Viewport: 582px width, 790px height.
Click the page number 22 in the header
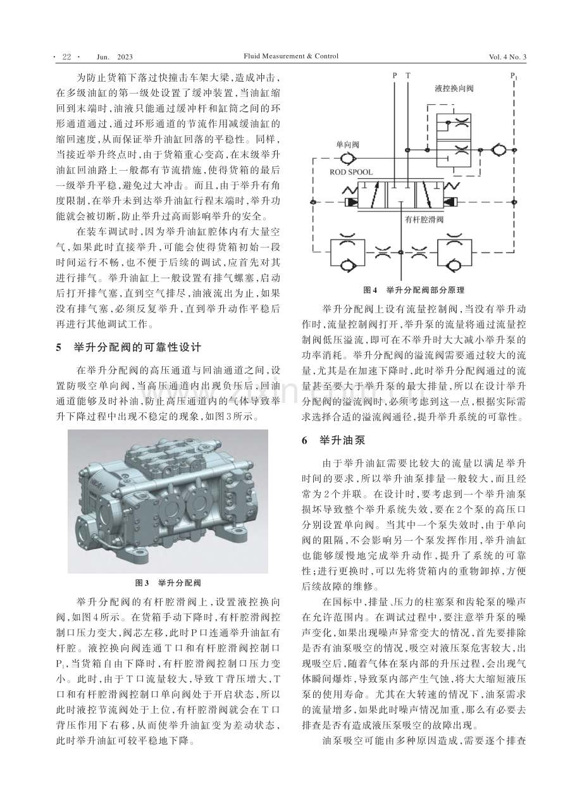[66, 57]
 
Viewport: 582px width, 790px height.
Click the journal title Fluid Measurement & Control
[290, 56]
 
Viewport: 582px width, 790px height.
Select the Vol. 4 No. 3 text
[507, 57]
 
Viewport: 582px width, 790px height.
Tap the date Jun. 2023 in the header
[115, 57]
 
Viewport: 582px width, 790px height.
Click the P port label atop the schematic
[395, 75]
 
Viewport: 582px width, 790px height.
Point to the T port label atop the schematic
[408, 75]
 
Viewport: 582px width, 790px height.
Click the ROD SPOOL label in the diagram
[351, 172]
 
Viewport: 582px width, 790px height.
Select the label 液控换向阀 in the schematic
[454, 88]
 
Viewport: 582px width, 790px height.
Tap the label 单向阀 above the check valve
[347, 144]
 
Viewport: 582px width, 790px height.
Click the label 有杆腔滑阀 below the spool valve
[424, 219]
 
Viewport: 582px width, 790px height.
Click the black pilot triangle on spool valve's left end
[352, 202]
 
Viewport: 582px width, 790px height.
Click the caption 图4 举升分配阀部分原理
[414, 290]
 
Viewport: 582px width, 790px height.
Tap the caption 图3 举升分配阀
[168, 583]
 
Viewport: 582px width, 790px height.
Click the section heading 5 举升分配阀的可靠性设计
[128, 348]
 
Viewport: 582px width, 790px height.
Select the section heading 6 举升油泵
[333, 440]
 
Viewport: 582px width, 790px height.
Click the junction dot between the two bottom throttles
[400, 252]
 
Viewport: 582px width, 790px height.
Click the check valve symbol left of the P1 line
[498, 151]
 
